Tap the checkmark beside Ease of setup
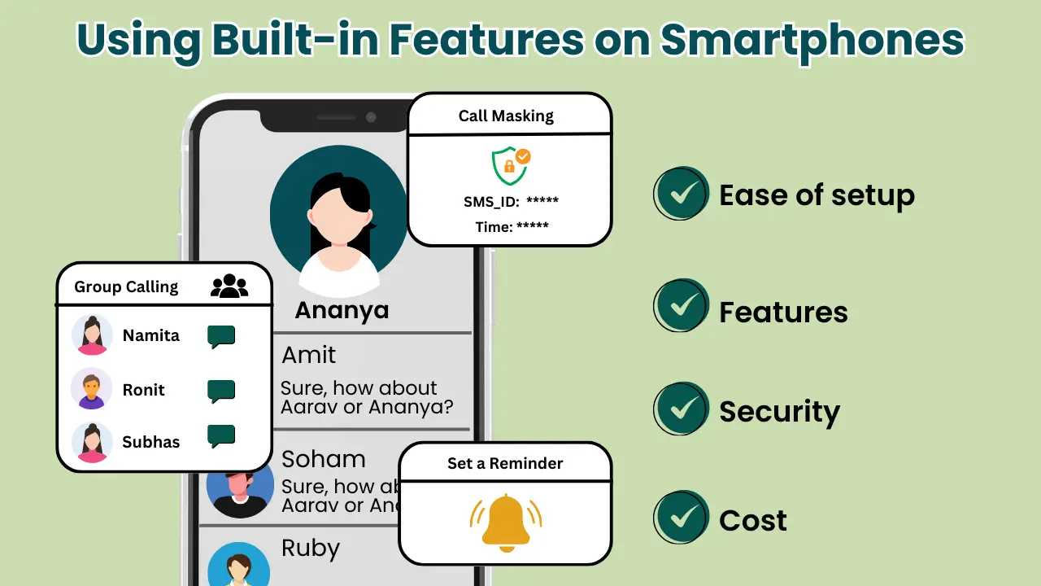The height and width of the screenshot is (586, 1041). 682,194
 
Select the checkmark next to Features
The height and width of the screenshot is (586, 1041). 682,306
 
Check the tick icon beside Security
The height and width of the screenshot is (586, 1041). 682,409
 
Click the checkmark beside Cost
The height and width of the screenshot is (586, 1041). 682,518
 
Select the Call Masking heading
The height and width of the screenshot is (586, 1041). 506,116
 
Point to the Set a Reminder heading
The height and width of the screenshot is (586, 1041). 505,463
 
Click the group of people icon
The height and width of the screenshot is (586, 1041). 229,286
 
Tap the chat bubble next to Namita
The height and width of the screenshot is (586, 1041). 220,336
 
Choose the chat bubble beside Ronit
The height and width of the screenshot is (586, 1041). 220,391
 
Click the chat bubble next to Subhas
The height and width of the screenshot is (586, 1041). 220,435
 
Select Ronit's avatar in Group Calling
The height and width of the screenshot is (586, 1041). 92,389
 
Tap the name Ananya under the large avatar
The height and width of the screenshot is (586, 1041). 342,310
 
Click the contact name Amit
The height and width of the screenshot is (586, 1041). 308,355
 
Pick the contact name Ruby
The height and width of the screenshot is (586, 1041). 310,548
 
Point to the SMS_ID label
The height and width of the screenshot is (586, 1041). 491,201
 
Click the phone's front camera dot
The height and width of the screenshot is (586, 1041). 371,117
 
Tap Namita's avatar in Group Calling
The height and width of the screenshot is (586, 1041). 92,335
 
